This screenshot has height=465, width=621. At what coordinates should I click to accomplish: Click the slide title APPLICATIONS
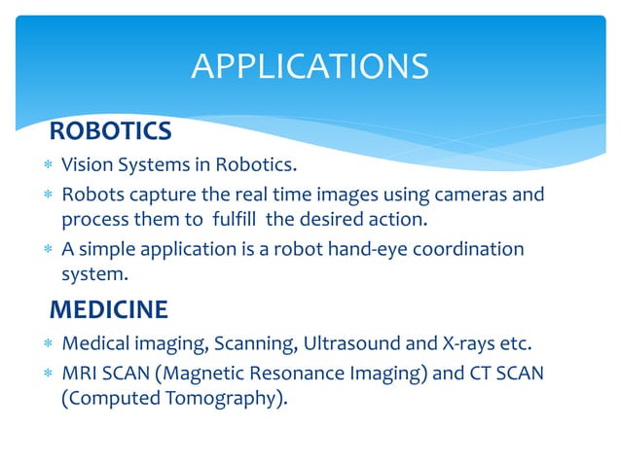(x=310, y=66)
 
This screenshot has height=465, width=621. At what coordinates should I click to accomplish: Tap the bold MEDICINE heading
(x=108, y=310)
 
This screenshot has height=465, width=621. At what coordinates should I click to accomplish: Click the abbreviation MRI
(x=81, y=373)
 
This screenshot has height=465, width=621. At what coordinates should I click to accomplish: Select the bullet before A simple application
(x=42, y=250)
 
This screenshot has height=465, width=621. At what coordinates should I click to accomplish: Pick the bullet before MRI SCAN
(x=42, y=374)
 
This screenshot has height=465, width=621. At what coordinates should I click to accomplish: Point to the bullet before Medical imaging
(x=42, y=343)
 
